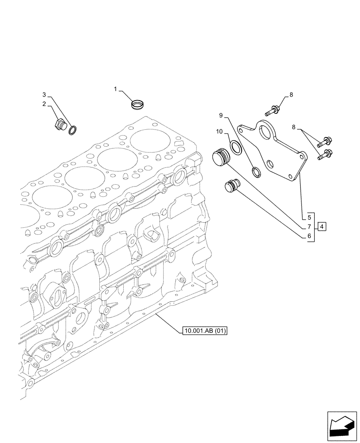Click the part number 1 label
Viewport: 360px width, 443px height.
[x=115, y=89]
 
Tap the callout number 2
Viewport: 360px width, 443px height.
[x=44, y=104]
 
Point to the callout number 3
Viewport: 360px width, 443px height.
[x=44, y=94]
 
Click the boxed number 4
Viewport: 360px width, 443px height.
[x=322, y=227]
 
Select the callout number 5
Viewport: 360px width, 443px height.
[x=309, y=218]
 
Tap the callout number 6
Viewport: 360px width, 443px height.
[x=309, y=237]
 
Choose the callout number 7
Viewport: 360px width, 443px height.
[x=309, y=227]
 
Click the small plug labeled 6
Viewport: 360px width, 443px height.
[x=231, y=186]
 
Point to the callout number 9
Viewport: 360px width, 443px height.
[x=220, y=115]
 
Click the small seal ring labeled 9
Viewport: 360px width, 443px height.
[x=256, y=172]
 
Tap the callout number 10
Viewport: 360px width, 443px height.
[x=219, y=132]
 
